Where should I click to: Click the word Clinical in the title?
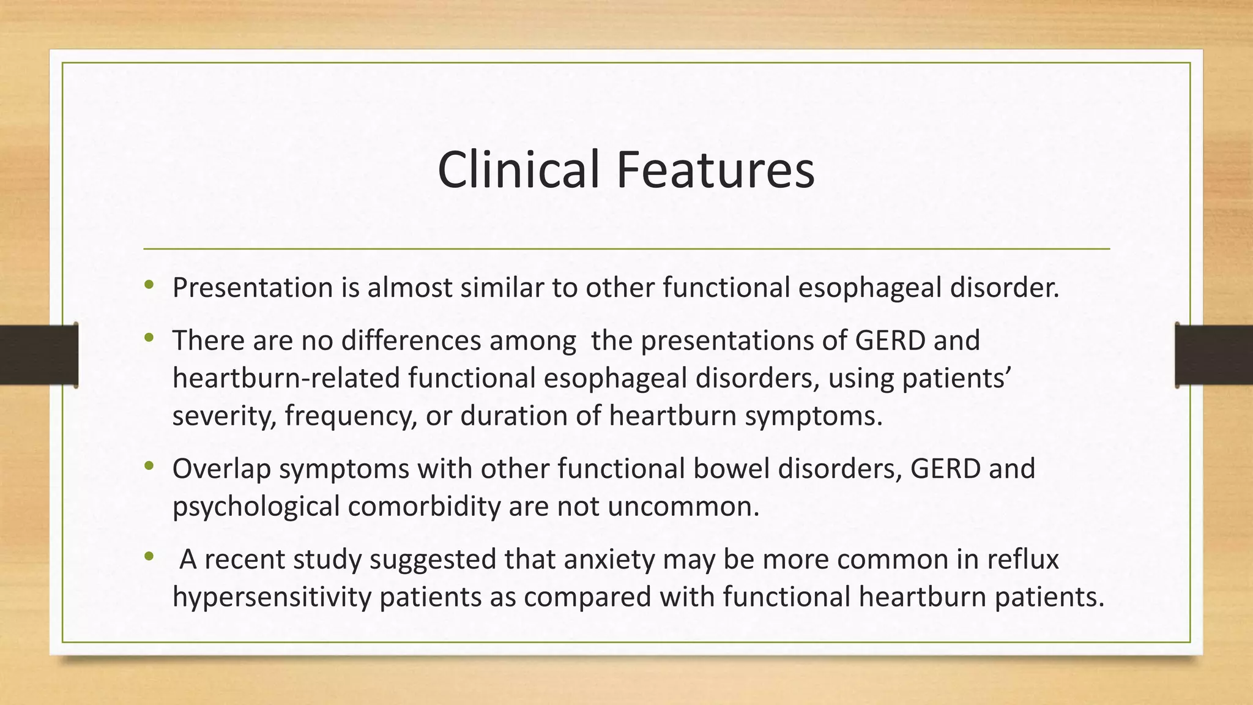(x=518, y=170)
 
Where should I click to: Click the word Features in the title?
(x=715, y=170)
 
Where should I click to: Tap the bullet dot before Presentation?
(x=149, y=284)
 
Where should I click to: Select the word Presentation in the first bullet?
(x=252, y=288)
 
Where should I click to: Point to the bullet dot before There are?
(x=149, y=337)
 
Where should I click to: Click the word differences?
(x=411, y=340)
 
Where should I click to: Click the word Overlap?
(x=221, y=469)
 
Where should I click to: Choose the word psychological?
(x=256, y=507)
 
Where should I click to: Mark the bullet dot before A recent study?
(x=149, y=556)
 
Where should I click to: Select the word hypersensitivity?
(x=272, y=597)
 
